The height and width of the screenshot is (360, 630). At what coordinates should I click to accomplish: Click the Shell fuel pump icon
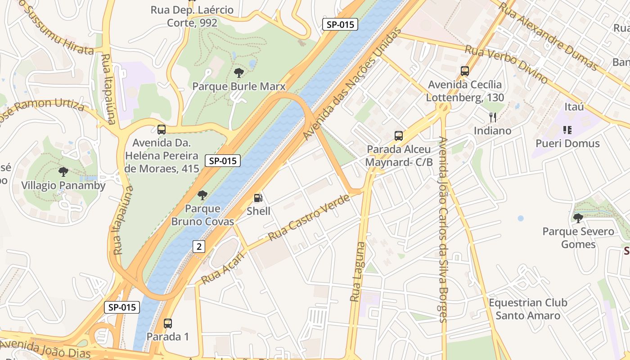258,198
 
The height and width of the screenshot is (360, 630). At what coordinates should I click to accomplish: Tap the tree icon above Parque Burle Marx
239,72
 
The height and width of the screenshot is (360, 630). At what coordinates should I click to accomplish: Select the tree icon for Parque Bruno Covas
202,195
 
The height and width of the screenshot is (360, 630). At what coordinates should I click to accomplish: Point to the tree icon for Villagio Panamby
63,171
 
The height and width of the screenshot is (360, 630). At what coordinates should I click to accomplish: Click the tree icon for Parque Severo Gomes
578,218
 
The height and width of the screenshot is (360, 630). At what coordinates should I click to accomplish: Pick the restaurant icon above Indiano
493,117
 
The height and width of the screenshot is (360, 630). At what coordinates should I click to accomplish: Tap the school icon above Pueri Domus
567,130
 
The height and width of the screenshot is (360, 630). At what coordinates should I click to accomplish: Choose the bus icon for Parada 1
168,323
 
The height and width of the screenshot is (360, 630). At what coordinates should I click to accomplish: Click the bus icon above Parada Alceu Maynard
398,135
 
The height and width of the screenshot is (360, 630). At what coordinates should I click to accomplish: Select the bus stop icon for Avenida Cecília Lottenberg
465,71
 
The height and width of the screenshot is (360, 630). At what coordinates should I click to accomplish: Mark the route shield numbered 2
199,246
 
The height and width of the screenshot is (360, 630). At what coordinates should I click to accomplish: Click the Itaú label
574,107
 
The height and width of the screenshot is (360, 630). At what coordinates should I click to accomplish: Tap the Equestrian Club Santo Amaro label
528,309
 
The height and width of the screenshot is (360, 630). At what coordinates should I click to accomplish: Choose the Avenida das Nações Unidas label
352,84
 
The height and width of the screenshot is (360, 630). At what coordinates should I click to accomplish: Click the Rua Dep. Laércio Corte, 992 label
192,16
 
